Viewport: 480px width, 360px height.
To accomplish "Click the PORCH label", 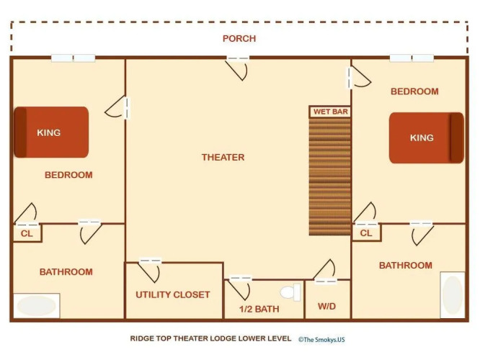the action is click(239, 39).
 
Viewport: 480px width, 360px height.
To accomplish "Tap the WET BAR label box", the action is click(330, 112).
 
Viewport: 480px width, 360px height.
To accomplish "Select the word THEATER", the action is click(223, 157).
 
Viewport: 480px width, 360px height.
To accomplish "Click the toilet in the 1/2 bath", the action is click(290, 292).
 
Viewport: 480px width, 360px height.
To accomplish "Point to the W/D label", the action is click(326, 306).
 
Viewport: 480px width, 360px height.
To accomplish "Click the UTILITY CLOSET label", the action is click(173, 294).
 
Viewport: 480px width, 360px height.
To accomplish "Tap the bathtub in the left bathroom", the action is click(37, 305).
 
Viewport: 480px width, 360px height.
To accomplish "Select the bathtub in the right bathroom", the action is click(453, 295).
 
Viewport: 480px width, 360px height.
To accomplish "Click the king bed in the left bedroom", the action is click(51, 132).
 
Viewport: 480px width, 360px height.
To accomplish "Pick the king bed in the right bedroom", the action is click(427, 138).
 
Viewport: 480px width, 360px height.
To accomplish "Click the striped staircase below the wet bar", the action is click(329, 176).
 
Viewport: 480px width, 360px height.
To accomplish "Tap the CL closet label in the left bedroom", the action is click(27, 234).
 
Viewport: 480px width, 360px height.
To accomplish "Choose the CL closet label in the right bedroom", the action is click(366, 233).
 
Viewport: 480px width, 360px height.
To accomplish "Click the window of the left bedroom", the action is click(74, 58).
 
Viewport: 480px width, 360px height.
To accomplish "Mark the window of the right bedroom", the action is click(412, 58).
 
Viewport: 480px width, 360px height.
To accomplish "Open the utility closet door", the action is click(150, 271).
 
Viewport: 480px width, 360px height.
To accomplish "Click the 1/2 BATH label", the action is click(259, 309).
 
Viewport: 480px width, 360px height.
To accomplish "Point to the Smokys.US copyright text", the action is click(321, 340).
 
